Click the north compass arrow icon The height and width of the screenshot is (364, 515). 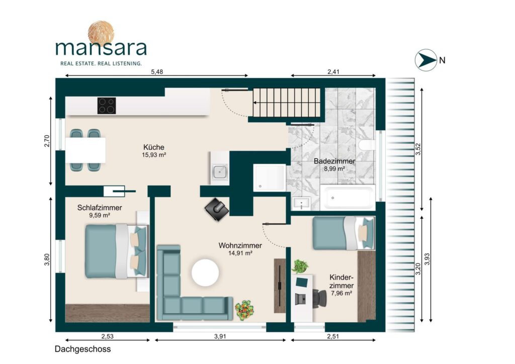click(x=425, y=60)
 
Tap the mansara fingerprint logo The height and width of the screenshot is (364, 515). click(x=101, y=33)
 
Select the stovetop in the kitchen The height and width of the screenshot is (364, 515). click(x=107, y=106)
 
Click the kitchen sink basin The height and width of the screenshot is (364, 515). click(x=219, y=171)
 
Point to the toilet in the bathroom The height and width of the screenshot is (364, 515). click(x=367, y=145)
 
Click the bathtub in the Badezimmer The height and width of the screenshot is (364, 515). click(x=348, y=198)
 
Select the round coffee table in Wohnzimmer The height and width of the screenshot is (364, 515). click(x=205, y=272)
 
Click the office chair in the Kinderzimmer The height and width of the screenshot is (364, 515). click(x=318, y=298)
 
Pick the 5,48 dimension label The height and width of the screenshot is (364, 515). click(x=157, y=72)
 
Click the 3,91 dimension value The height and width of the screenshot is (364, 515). click(x=220, y=336)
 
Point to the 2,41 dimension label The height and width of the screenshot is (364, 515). click(x=333, y=71)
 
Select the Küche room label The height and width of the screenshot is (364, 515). click(x=154, y=147)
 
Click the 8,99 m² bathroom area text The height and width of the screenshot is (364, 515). click(x=334, y=169)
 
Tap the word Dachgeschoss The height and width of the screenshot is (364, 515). click(x=83, y=349)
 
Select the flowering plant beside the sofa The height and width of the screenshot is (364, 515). click(x=245, y=310)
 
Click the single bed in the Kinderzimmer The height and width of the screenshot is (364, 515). click(x=343, y=233)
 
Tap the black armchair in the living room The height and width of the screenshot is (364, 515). click(x=217, y=209)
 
